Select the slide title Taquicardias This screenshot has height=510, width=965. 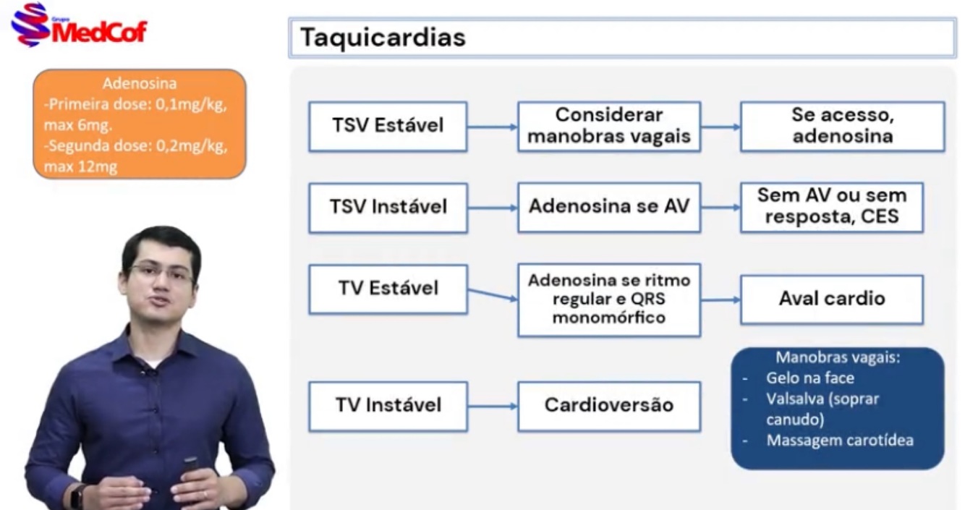[383, 38]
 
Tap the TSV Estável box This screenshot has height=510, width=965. [388, 126]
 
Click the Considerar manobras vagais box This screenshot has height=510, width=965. [608, 126]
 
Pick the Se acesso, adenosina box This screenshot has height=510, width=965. [842, 126]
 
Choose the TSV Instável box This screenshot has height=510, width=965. [388, 208]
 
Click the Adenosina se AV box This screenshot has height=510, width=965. [608, 207]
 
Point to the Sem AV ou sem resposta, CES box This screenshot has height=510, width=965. [831, 207]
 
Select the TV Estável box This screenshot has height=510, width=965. [388, 289]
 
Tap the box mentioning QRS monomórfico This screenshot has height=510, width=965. [608, 299]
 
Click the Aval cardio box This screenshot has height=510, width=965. [831, 299]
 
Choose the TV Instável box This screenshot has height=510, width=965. [388, 406]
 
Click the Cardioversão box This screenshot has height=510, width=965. [608, 406]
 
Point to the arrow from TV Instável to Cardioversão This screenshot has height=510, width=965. [492, 406]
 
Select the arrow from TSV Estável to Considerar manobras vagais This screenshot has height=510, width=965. [492, 127]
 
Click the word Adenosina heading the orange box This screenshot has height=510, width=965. [139, 84]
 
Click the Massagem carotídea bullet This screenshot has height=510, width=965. [839, 440]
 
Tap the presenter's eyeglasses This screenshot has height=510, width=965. [161, 273]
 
